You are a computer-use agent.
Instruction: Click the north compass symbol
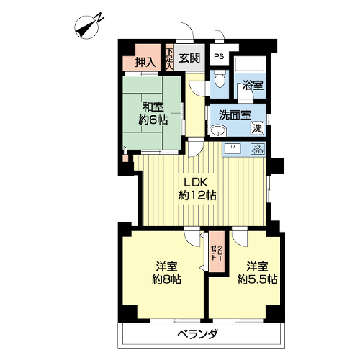point(88,27)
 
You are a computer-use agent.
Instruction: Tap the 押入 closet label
point(145,62)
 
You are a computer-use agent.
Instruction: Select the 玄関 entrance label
point(189,58)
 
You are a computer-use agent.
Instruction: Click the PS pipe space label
point(219,57)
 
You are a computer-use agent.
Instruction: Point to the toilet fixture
point(219,79)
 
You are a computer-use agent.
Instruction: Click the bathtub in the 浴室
point(250,64)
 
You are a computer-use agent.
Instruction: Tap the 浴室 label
point(253,85)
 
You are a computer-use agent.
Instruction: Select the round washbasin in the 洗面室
point(218,130)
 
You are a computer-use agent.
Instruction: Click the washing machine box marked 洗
point(257,128)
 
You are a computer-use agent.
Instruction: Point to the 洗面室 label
point(235,115)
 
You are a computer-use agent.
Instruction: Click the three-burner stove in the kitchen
point(258,149)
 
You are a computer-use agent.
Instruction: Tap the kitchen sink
point(233,149)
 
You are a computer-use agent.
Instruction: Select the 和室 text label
point(153,107)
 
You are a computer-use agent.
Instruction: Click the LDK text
point(195,183)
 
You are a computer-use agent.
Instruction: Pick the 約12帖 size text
point(197,196)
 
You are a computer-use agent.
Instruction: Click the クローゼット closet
point(217,252)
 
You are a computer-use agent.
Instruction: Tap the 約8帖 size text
point(167,279)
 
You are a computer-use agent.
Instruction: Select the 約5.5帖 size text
point(258,279)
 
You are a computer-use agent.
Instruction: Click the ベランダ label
point(198,334)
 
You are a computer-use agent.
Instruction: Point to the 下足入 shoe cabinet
point(169,57)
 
